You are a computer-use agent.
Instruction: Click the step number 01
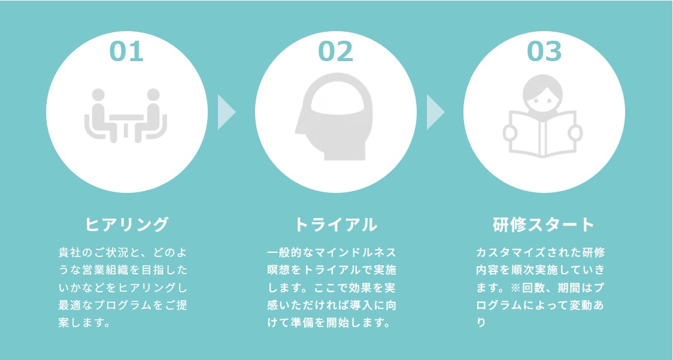[126, 52]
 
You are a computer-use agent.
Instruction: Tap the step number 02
[335, 52]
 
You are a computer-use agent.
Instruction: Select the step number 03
[544, 52]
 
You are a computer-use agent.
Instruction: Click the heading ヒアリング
[127, 225]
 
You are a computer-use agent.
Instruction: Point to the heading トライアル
[335, 225]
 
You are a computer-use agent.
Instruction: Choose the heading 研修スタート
[544, 225]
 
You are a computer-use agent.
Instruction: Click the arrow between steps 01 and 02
[226, 111]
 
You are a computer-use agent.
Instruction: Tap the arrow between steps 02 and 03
[435, 111]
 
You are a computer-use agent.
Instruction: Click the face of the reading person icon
[544, 93]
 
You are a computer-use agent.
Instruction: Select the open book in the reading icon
[544, 135]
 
